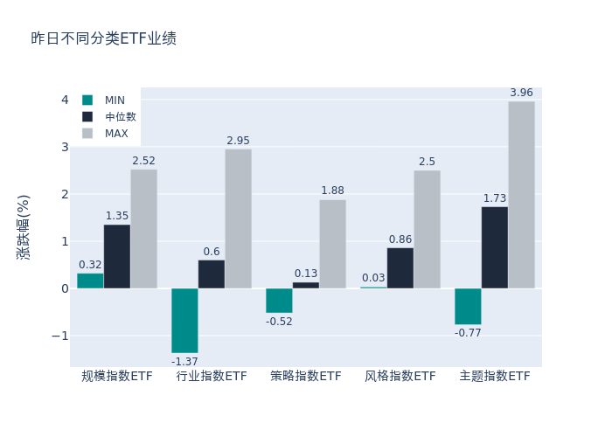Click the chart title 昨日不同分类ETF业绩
click(103, 38)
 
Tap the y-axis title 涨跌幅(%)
click(24, 227)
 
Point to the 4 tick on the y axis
click(65, 100)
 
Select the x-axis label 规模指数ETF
click(117, 377)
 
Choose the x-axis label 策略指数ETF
click(306, 377)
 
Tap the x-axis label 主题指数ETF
click(495, 377)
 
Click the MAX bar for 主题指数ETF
click(521, 195)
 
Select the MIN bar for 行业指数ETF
click(184, 321)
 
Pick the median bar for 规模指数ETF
click(117, 256)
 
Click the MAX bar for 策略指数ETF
click(332, 244)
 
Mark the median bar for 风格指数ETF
click(400, 268)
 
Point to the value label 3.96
click(521, 93)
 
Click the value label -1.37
click(184, 362)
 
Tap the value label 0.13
click(306, 274)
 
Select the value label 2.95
click(238, 141)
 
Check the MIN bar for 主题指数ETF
click(468, 307)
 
